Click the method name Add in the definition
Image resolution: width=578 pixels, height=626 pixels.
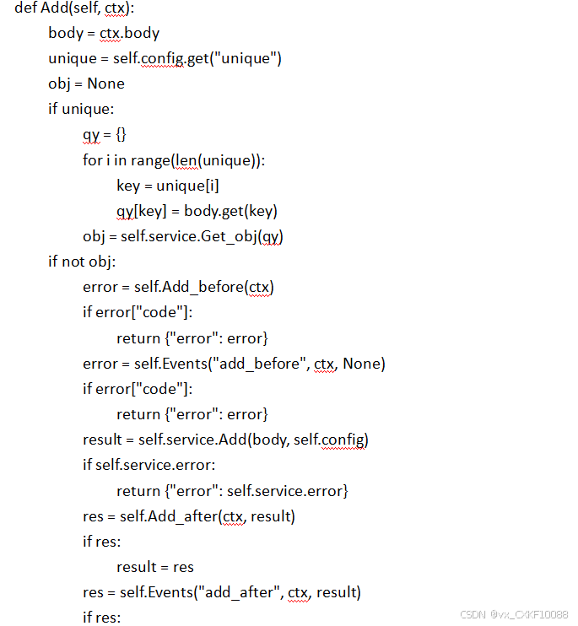55,8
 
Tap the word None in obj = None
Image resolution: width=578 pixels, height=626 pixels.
105,84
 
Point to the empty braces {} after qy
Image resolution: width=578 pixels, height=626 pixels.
121,134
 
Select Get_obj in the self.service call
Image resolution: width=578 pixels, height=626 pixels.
229,236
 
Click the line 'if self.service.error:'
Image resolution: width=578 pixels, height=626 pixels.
149,465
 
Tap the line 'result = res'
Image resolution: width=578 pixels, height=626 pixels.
155,566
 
